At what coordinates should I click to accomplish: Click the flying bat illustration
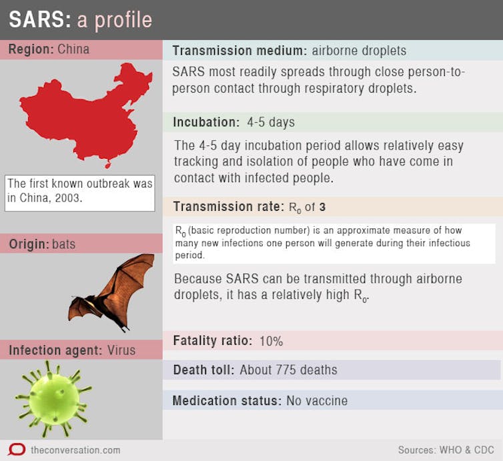(111, 293)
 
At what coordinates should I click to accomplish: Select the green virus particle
(53, 399)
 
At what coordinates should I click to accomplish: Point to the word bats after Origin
(63, 244)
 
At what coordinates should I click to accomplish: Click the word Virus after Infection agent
(121, 350)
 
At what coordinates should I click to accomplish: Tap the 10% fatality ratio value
(271, 341)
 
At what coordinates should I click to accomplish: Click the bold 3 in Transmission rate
(322, 207)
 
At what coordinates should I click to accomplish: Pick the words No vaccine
(317, 401)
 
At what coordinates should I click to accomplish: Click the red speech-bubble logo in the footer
(17, 450)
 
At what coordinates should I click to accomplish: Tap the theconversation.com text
(75, 450)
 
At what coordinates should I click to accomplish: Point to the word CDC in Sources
(484, 450)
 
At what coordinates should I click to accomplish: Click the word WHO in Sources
(451, 450)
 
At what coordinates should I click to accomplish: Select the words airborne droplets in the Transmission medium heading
(359, 51)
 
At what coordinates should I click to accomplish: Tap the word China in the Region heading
(73, 49)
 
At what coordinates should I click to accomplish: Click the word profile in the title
(123, 20)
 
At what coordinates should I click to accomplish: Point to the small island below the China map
(108, 165)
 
